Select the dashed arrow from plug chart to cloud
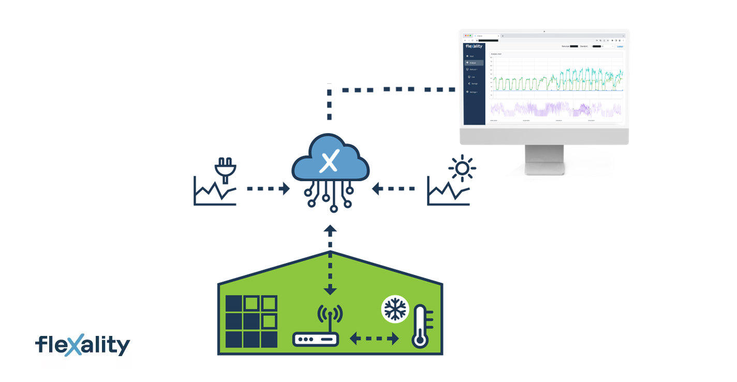coord(268,189)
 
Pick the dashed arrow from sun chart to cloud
coord(393,189)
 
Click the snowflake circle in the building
coord(395,310)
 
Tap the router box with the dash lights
coord(315,340)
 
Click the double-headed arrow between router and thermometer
coord(374,339)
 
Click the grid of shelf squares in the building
coord(252,321)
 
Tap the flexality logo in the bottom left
coord(83,345)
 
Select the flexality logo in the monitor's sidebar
coord(474,46)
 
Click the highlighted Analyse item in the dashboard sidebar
coord(474,63)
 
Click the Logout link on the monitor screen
coord(620,46)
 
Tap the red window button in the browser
coord(465,35)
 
